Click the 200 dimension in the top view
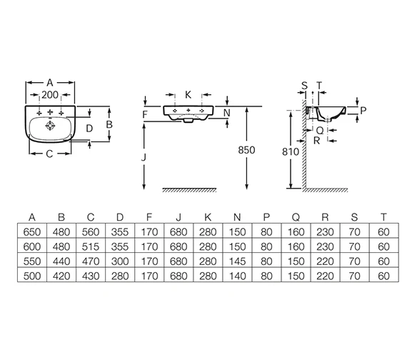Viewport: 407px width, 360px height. pyautogui.click(x=50, y=95)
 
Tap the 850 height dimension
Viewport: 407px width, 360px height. pyautogui.click(x=246, y=150)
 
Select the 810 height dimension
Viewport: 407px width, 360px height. pyautogui.click(x=291, y=151)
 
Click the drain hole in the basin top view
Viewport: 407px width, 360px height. pyautogui.click(x=50, y=126)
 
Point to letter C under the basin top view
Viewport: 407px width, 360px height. pyautogui.click(x=49, y=154)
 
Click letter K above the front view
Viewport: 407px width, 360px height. pyautogui.click(x=189, y=95)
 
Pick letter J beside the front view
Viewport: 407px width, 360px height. pyautogui.click(x=144, y=157)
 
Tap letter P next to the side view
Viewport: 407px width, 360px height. pyautogui.click(x=363, y=111)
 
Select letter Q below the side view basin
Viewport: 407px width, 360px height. pyautogui.click(x=321, y=130)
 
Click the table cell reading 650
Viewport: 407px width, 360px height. pyautogui.click(x=32, y=231)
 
